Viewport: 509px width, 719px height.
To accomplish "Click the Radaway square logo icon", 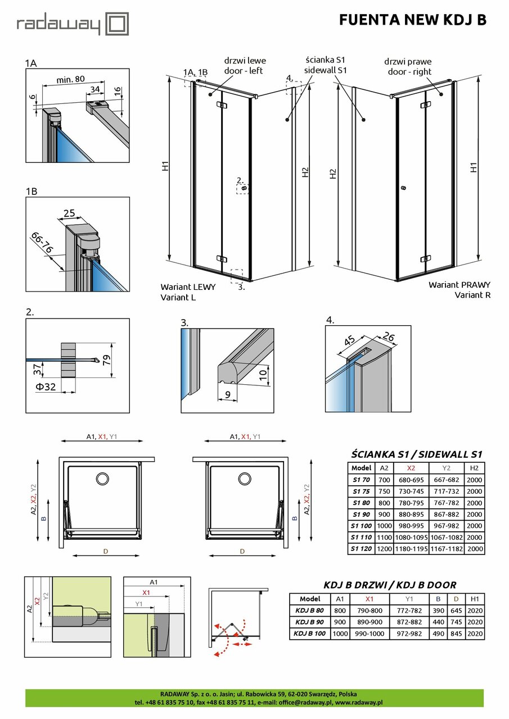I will [118, 25].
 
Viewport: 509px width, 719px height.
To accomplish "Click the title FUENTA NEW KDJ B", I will [412, 20].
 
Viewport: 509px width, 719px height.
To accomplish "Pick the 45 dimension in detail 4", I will [349, 342].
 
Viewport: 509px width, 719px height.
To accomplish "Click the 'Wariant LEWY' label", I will [188, 286].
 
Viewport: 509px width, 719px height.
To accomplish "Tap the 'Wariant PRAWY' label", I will [459, 285].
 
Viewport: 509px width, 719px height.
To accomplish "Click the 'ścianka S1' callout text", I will [325, 60].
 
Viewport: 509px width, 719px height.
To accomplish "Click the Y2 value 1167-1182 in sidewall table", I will [447, 548].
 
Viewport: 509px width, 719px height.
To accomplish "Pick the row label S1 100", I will [361, 525].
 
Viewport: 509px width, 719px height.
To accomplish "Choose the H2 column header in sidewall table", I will [474, 468].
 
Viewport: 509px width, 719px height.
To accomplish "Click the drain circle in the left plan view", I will [103, 479].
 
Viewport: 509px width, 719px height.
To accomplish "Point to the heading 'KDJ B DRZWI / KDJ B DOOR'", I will [389, 585].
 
